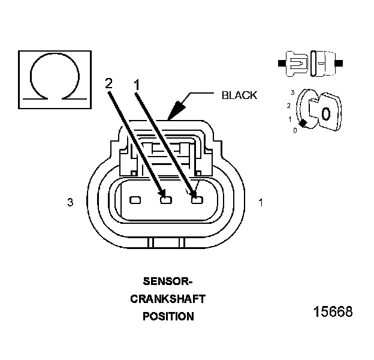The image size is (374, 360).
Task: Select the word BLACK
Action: pyautogui.click(x=239, y=95)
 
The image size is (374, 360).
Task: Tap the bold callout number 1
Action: pyautogui.click(x=138, y=85)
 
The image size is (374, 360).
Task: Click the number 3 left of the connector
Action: pyautogui.click(x=71, y=203)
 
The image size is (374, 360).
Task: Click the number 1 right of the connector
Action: pyautogui.click(x=261, y=203)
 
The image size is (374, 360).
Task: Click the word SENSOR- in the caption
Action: pyautogui.click(x=168, y=281)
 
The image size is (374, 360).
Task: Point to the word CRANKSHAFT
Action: pyautogui.click(x=168, y=299)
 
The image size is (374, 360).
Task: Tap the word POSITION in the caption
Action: pyautogui.click(x=168, y=316)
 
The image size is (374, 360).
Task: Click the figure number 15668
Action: pyautogui.click(x=333, y=312)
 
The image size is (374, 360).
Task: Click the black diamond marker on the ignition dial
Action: pyautogui.click(x=303, y=124)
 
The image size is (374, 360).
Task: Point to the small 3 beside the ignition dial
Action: pyautogui.click(x=292, y=92)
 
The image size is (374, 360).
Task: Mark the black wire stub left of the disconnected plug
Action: pyautogui.click(x=280, y=62)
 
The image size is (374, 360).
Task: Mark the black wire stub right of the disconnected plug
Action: pyautogui.click(x=340, y=62)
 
